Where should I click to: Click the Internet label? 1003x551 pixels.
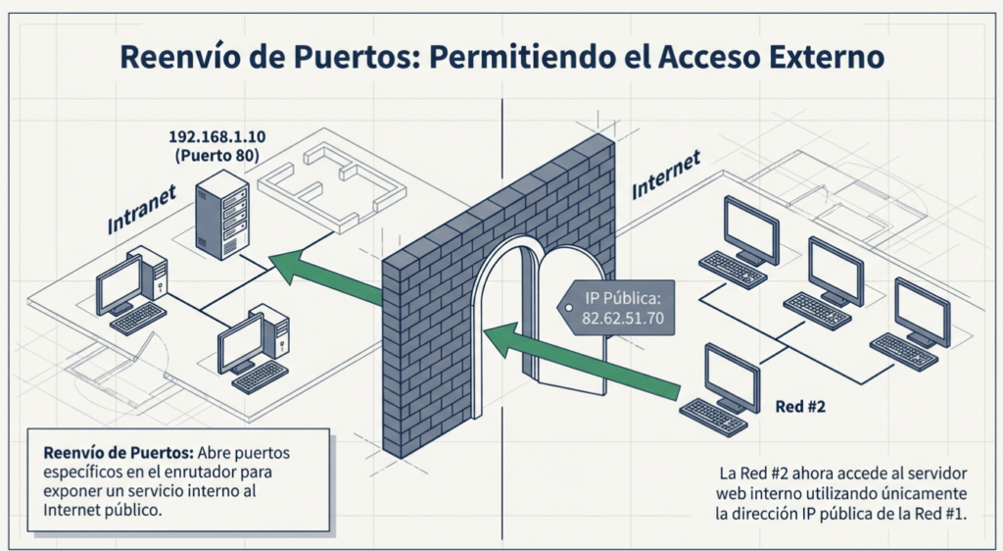click(666, 175)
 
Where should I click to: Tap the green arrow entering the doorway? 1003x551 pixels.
click(578, 363)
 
